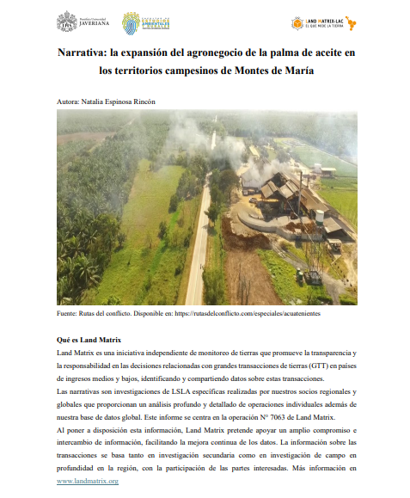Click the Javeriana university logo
pyautogui.click(x=78, y=22)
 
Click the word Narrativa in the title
pyautogui.click(x=83, y=53)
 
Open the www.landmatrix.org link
pyautogui.click(x=88, y=481)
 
